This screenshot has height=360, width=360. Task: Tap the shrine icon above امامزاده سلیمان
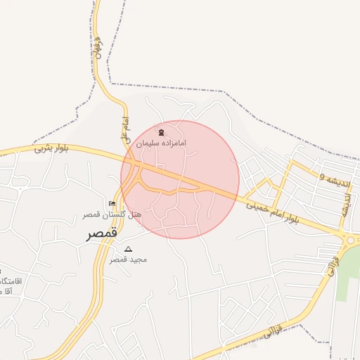point(162,132)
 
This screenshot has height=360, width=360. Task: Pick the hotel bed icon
point(112,204)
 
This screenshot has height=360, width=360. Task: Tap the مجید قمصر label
point(127,259)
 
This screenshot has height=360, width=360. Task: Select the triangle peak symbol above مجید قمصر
point(128,249)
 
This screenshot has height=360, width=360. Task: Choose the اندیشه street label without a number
point(345,204)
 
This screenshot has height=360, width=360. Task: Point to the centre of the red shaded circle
point(180,179)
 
